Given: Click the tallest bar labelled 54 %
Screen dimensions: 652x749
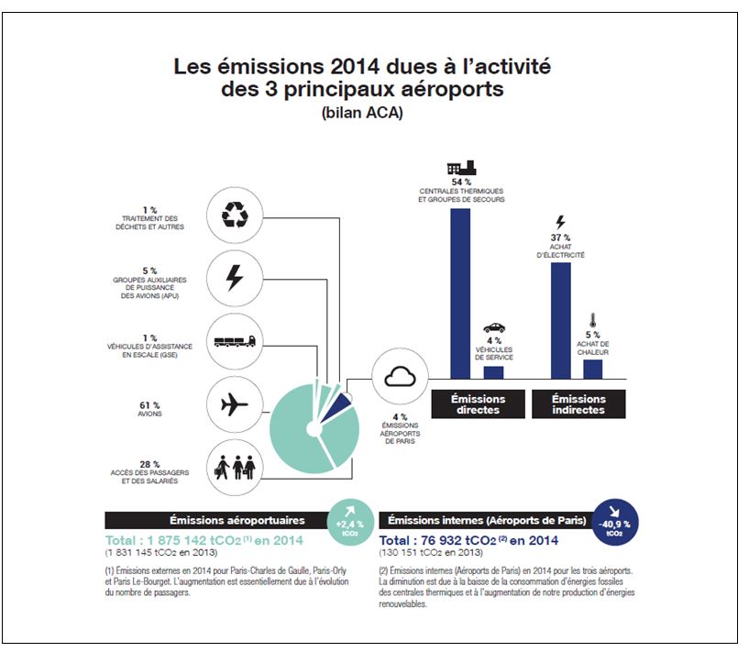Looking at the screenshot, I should coord(460,293).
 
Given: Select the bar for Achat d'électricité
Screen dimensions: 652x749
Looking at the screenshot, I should coord(561,321).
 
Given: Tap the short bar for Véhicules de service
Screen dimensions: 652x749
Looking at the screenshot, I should coord(493,371).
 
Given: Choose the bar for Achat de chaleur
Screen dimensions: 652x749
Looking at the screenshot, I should coord(593,368).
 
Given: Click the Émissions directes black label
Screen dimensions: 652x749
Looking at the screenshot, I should coord(478,404).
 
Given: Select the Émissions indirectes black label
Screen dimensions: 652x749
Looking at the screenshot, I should coord(578,404).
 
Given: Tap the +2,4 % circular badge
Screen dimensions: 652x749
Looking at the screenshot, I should coord(353,523).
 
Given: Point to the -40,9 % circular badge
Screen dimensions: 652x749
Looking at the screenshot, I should coord(615,521).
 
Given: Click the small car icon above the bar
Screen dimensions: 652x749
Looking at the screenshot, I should coord(493,327).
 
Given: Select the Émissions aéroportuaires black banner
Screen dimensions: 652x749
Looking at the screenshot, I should coord(218,520).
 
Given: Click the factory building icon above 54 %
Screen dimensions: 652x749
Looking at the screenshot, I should coord(460,167).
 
